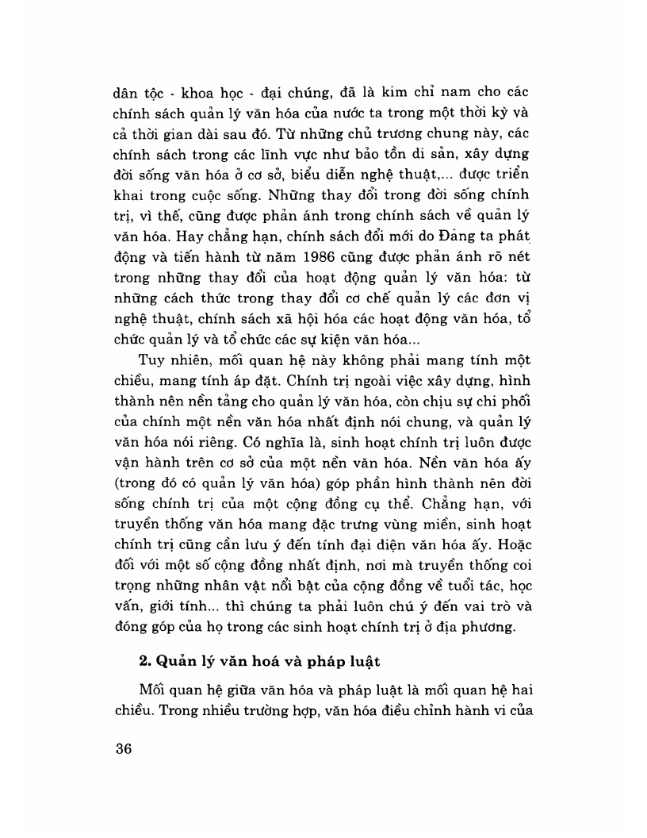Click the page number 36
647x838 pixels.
coord(123,750)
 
